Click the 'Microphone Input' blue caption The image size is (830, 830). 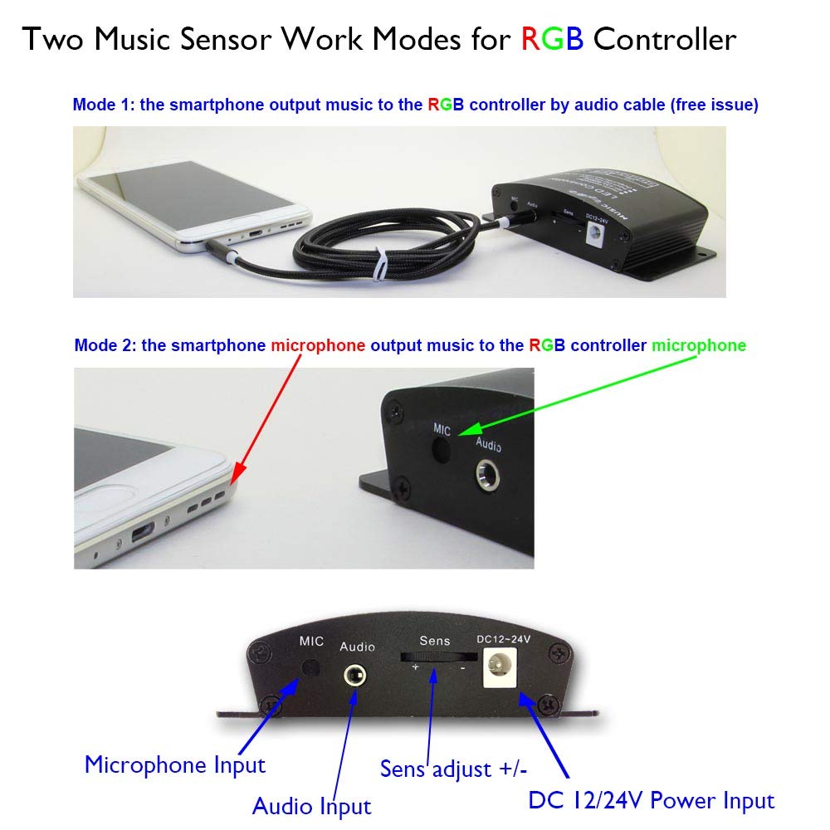point(175,764)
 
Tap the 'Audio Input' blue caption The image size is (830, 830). point(311,805)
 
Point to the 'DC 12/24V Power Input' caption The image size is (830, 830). point(651,800)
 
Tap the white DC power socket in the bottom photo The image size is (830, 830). point(501,668)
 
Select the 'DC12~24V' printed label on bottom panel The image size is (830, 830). point(503,639)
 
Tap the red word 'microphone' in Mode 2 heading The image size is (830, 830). point(318,345)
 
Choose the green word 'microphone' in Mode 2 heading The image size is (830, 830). point(699,345)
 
